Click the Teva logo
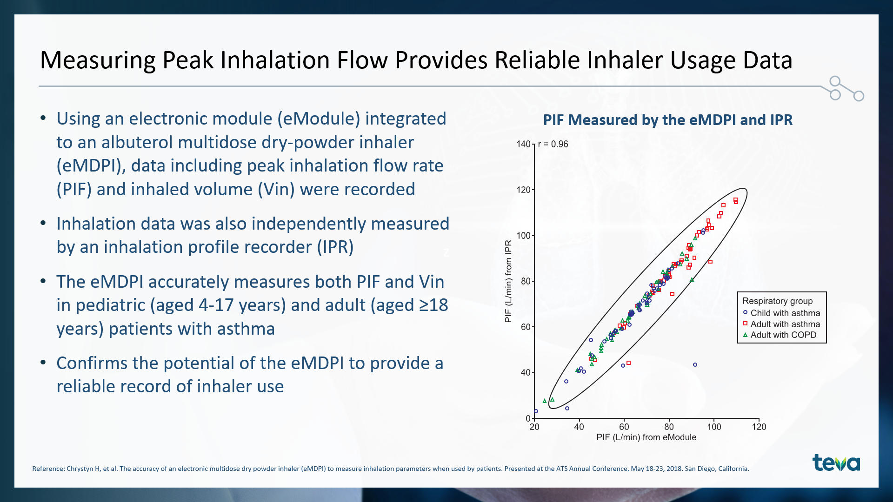pos(836,462)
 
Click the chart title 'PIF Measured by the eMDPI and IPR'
pos(668,120)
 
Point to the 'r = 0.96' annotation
pos(553,144)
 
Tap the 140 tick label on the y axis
pos(523,144)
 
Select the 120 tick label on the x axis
pos(759,427)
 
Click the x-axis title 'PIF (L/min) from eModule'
pos(646,437)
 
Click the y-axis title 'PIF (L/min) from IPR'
pos(508,281)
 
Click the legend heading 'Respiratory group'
pos(778,301)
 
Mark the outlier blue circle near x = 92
pos(695,365)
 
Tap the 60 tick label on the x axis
pos(624,427)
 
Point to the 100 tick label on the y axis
pos(523,236)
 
